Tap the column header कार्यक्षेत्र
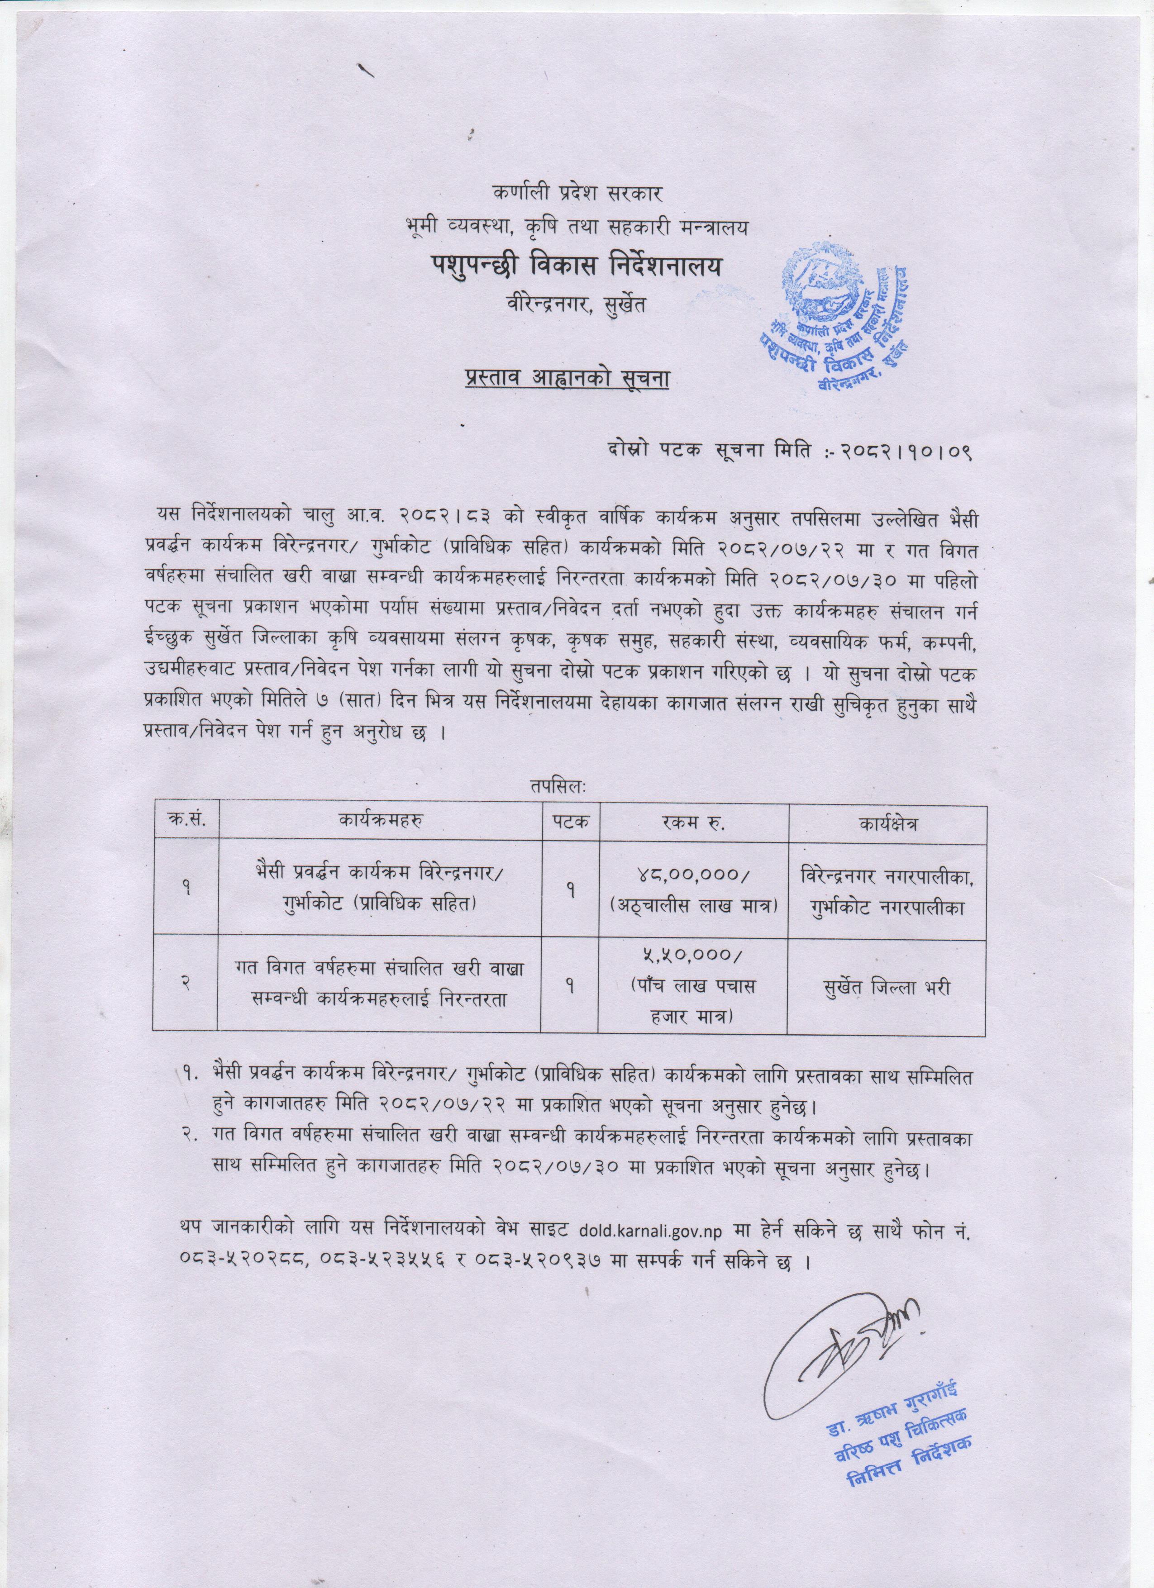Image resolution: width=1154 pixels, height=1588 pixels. pyautogui.click(x=887, y=823)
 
